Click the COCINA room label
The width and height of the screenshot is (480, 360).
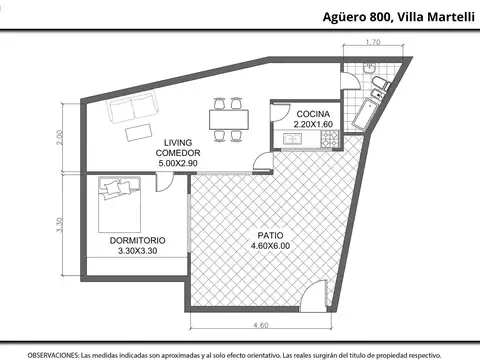[313, 114]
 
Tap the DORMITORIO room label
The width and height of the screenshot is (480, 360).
[137, 240]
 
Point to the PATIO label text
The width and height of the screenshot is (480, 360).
[270, 235]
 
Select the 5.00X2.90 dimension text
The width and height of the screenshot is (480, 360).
[178, 163]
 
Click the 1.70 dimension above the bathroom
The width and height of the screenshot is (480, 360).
[373, 42]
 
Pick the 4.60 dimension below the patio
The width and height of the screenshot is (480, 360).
[261, 325]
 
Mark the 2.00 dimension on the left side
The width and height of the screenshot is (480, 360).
[59, 137]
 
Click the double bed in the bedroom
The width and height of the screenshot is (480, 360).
[119, 204]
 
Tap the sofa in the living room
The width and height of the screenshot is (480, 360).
[132, 107]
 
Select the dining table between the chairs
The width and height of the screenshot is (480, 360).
[229, 120]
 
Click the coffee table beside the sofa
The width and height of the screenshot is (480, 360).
[139, 132]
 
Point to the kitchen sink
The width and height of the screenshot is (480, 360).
[292, 139]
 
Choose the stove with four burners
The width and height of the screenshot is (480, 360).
[330, 139]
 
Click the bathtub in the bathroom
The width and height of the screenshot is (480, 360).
[365, 114]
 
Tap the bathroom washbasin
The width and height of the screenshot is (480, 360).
[369, 68]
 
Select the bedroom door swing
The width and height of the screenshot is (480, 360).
[165, 183]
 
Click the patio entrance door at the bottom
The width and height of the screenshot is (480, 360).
[314, 296]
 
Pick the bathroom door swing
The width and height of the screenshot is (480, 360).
[351, 80]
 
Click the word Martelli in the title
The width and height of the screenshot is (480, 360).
[451, 17]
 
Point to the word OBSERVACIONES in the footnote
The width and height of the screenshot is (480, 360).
[53, 355]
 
